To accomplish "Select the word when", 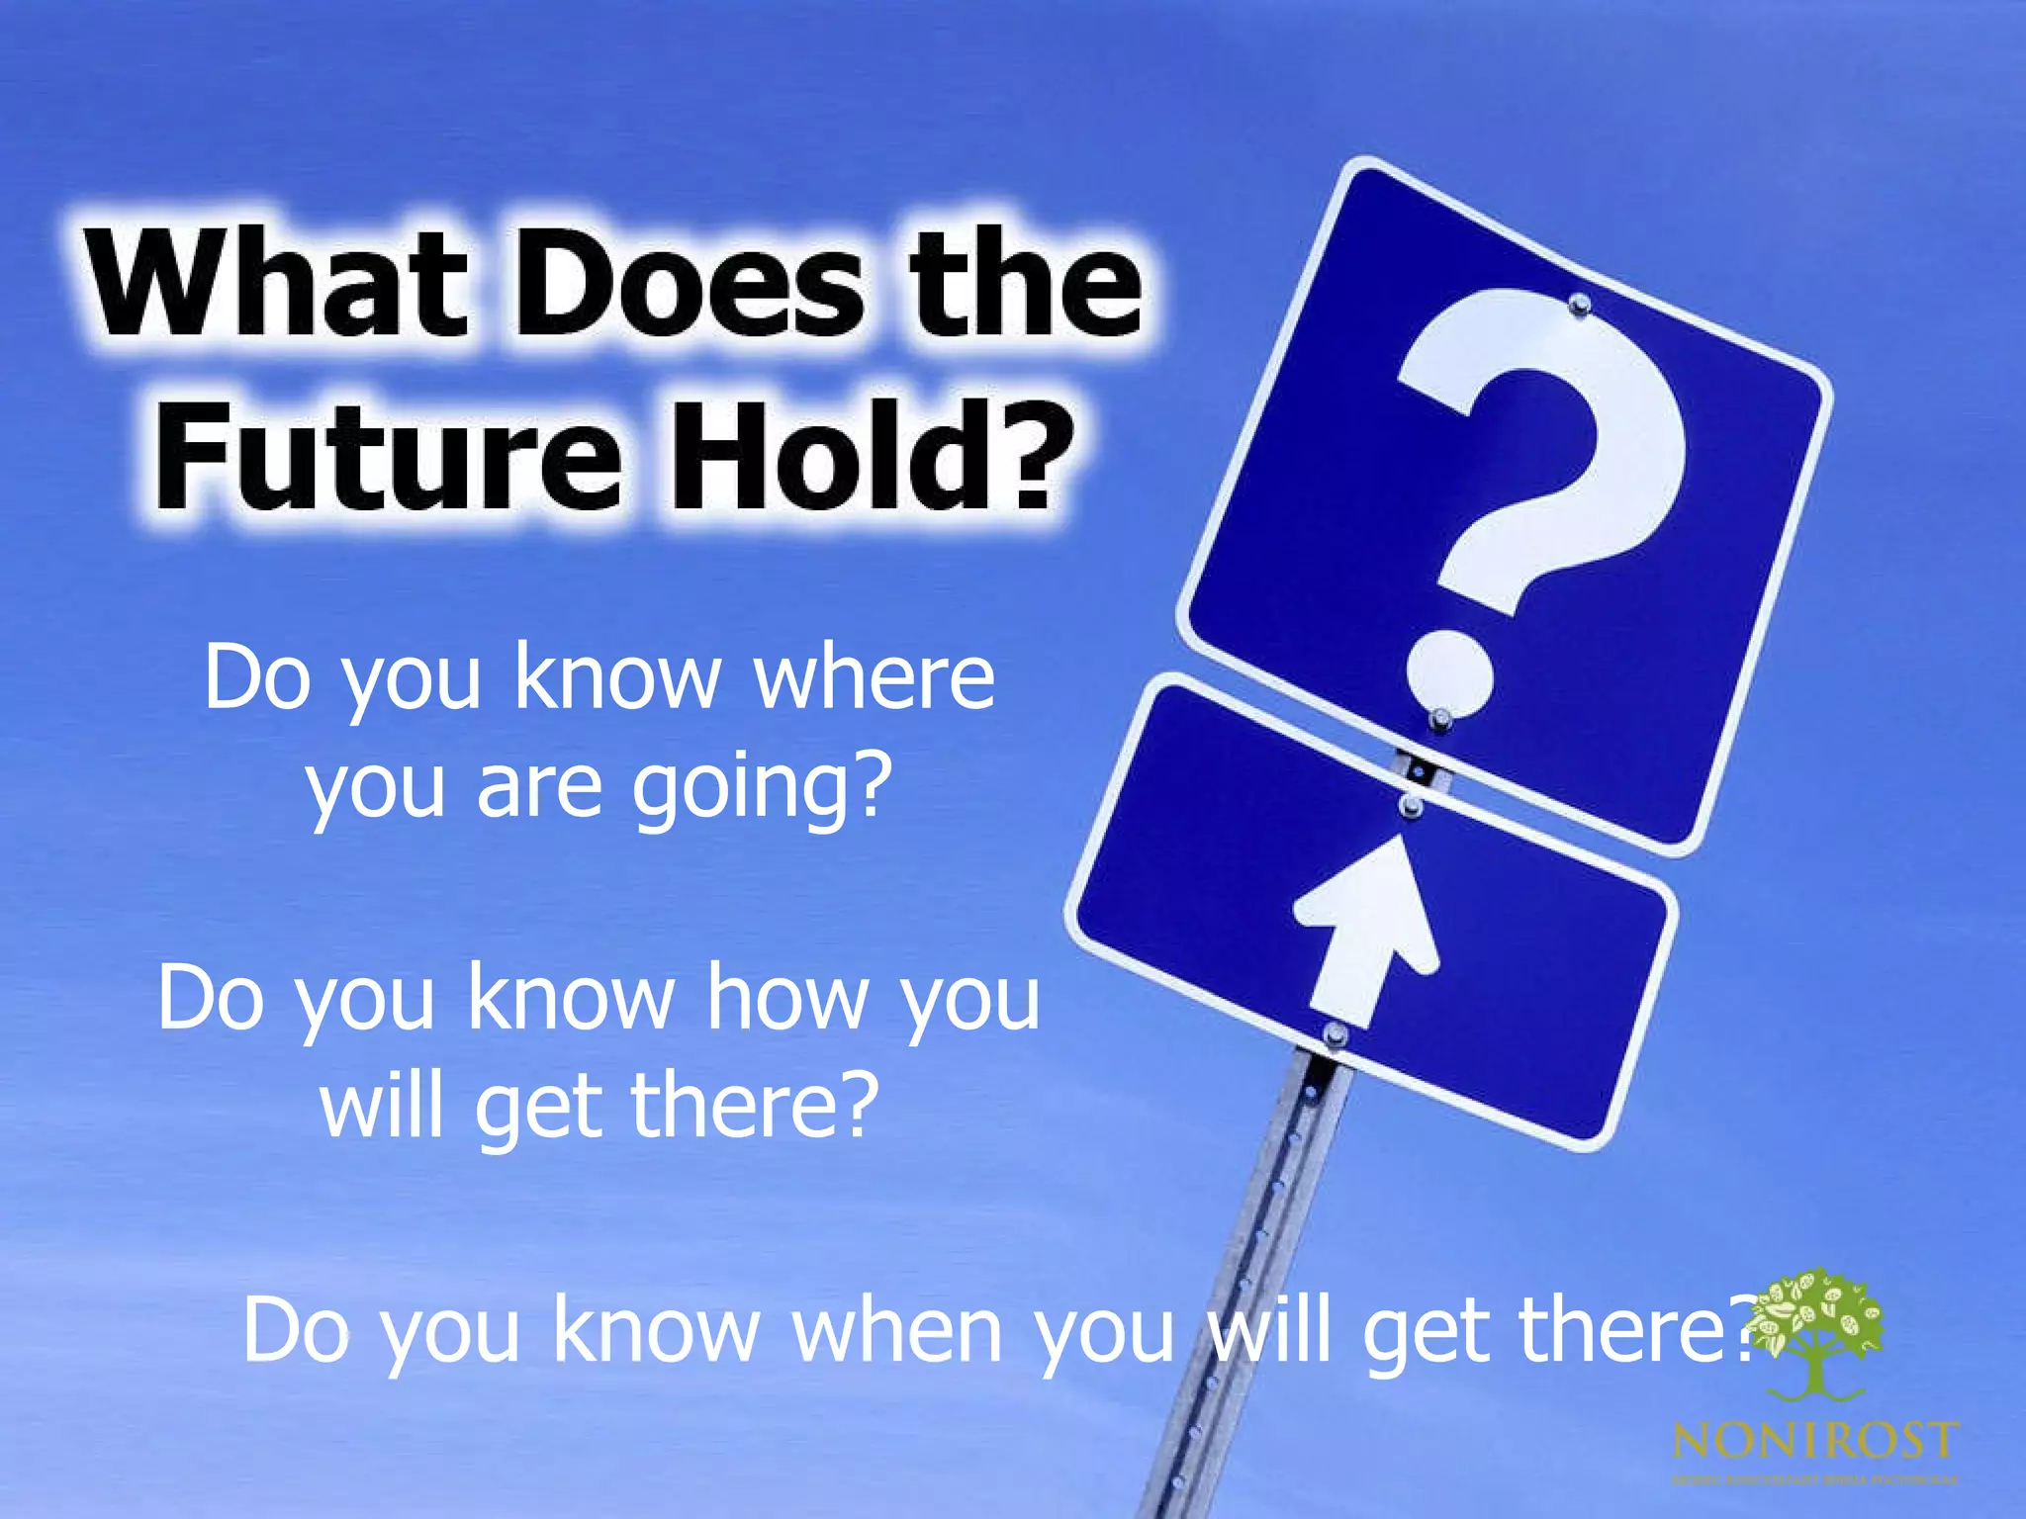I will click(896, 1330).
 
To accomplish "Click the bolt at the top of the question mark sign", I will click(1580, 304).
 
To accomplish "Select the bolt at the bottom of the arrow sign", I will click(1335, 1034).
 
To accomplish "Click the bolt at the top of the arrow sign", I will click(1411, 806).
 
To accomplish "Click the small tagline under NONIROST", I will click(1814, 1480).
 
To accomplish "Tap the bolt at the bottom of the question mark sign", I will click(1441, 717).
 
